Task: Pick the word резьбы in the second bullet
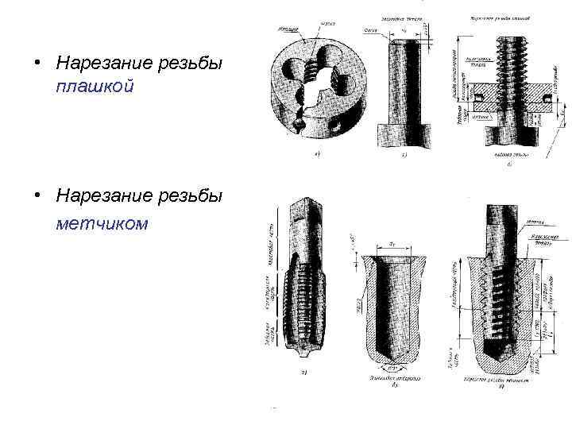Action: pyautogui.click(x=195, y=195)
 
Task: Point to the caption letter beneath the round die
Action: pyautogui.click(x=317, y=155)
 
